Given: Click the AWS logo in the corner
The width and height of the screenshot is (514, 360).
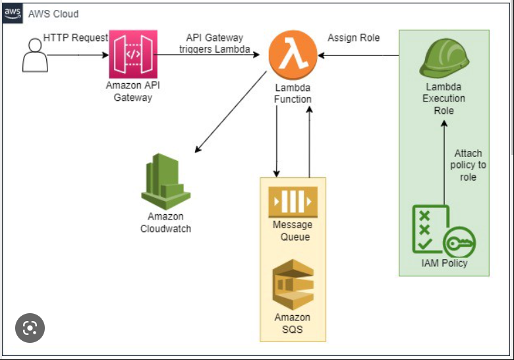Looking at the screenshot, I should (x=13, y=13).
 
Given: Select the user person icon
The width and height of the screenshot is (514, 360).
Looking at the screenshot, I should (x=34, y=55).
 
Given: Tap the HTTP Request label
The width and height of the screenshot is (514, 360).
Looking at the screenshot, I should (x=75, y=38).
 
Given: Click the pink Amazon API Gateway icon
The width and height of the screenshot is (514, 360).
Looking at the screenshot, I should (x=132, y=55).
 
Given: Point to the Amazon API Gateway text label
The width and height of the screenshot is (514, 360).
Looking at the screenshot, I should (x=132, y=92).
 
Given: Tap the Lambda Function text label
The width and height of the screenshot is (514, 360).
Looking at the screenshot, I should (x=292, y=93).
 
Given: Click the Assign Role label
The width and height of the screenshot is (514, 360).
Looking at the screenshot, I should (x=353, y=38).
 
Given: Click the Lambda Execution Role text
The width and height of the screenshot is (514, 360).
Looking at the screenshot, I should (x=444, y=99).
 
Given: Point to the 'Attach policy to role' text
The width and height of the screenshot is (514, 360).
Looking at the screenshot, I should (x=468, y=165).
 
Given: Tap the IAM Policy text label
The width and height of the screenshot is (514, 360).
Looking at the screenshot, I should (x=443, y=263).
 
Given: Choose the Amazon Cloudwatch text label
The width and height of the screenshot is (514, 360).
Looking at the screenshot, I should (x=165, y=223).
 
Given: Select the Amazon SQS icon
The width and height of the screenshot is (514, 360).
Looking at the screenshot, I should (x=292, y=285).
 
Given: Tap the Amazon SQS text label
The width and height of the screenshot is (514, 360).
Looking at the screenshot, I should (x=292, y=323).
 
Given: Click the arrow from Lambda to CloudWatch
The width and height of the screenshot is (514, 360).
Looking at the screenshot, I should (x=231, y=112).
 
